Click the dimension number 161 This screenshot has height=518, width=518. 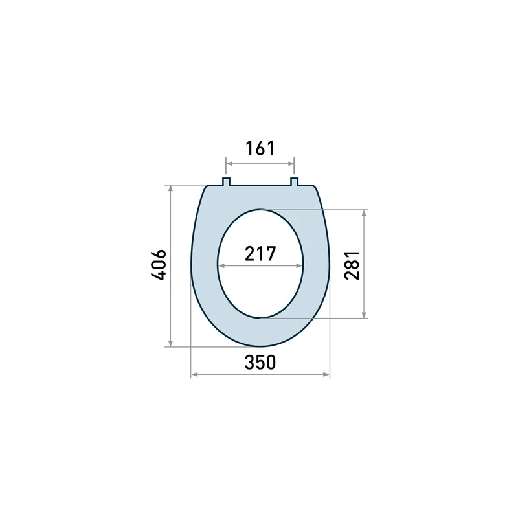coord(260,148)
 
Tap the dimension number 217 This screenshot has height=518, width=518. coord(260,254)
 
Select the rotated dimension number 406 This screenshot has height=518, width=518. coord(159,265)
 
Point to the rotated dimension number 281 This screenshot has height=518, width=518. coord(352,265)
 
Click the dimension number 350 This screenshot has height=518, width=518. coord(260,363)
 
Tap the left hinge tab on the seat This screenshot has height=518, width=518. coord(226,182)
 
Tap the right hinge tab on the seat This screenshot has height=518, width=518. coord(295,182)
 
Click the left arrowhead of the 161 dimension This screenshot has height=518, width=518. coord(229,164)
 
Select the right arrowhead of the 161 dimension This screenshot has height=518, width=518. coord(291,164)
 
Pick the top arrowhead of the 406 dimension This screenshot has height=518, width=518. coord(170,188)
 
